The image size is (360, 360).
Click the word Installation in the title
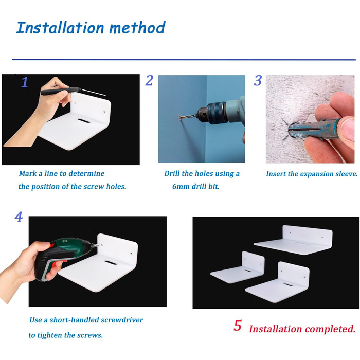(60, 28)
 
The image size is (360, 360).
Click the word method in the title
(137, 28)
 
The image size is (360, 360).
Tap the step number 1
(25, 82)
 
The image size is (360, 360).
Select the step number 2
(149, 80)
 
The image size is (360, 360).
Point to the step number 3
(258, 80)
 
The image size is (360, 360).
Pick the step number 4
(19, 217)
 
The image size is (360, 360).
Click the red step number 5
(238, 326)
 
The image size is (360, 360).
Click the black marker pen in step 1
(61, 91)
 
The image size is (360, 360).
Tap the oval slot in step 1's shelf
(84, 121)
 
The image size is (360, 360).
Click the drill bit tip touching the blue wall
(179, 118)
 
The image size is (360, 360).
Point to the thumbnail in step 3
(348, 129)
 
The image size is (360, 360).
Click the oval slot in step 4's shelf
(111, 262)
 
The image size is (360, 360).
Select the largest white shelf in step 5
(293, 240)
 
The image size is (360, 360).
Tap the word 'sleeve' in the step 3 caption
(347, 174)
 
